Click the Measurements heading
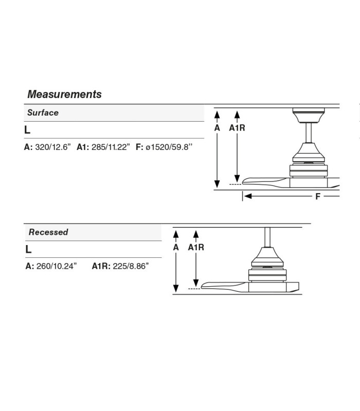(64, 94)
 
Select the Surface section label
(43, 113)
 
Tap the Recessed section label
(48, 232)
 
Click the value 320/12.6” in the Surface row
(53, 147)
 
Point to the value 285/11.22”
(111, 147)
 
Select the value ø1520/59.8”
(169, 147)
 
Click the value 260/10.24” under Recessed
(57, 266)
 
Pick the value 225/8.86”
(131, 266)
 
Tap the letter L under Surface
(27, 130)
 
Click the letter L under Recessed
(28, 249)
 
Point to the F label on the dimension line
(318, 196)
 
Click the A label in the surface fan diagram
(217, 128)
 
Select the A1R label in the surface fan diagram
(237, 128)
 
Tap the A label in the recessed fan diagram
(176, 247)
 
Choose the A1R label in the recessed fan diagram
(196, 247)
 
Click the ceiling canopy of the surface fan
(309, 115)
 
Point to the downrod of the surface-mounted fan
(309, 133)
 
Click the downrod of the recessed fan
(267, 237)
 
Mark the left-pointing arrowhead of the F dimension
(248, 196)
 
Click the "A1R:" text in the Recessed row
(101, 266)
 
